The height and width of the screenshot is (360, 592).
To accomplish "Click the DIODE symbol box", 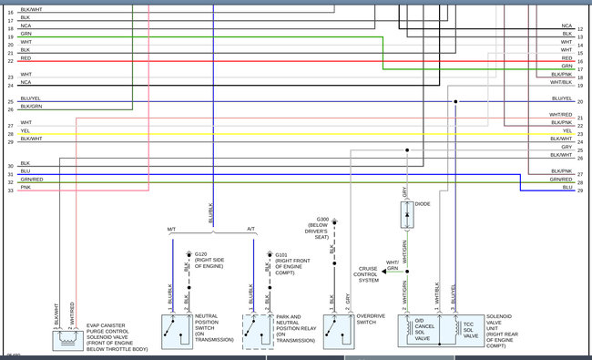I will (405, 215).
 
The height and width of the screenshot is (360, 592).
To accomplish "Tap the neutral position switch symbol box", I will (176, 331).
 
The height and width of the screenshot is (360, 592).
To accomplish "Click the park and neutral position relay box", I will (258, 331).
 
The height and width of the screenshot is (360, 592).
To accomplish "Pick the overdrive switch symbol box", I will (337, 331).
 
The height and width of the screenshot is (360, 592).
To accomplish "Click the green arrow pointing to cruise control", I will (389, 271).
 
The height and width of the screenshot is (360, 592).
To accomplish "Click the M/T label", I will (172, 229).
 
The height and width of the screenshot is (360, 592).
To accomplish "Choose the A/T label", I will (251, 229).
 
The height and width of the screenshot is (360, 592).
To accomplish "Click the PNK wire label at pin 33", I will (26, 188).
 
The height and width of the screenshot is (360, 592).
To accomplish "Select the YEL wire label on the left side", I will (26, 130).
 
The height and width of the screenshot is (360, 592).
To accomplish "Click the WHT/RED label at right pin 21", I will (561, 114).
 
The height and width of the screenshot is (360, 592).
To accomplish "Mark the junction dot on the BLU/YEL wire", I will (453, 101).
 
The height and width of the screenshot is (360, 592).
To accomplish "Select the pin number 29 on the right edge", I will (580, 190).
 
